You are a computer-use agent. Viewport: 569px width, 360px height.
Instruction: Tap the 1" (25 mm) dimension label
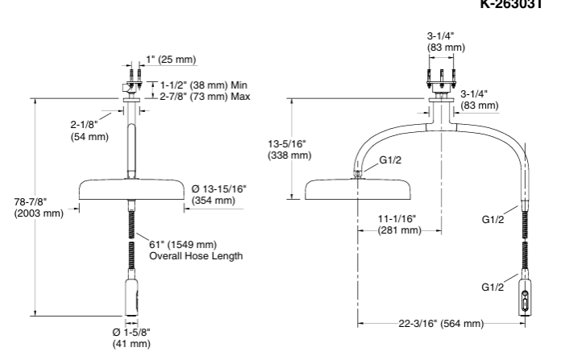171,60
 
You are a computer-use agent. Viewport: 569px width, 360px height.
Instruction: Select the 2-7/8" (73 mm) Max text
205,97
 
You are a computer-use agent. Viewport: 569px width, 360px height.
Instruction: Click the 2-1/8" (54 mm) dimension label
88,130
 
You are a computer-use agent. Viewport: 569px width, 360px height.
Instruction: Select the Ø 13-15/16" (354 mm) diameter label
219,194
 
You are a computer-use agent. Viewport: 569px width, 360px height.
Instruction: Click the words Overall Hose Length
196,255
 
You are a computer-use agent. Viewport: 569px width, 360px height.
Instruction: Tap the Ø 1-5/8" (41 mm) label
131,337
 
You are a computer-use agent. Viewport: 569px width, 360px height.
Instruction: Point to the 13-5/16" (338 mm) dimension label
289,149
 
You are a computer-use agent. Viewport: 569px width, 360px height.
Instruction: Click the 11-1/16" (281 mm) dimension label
400,224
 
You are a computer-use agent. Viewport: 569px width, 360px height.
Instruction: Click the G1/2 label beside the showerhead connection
391,159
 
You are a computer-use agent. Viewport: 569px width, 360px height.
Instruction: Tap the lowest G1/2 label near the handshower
493,286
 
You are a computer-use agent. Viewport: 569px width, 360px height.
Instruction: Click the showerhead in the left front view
131,190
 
